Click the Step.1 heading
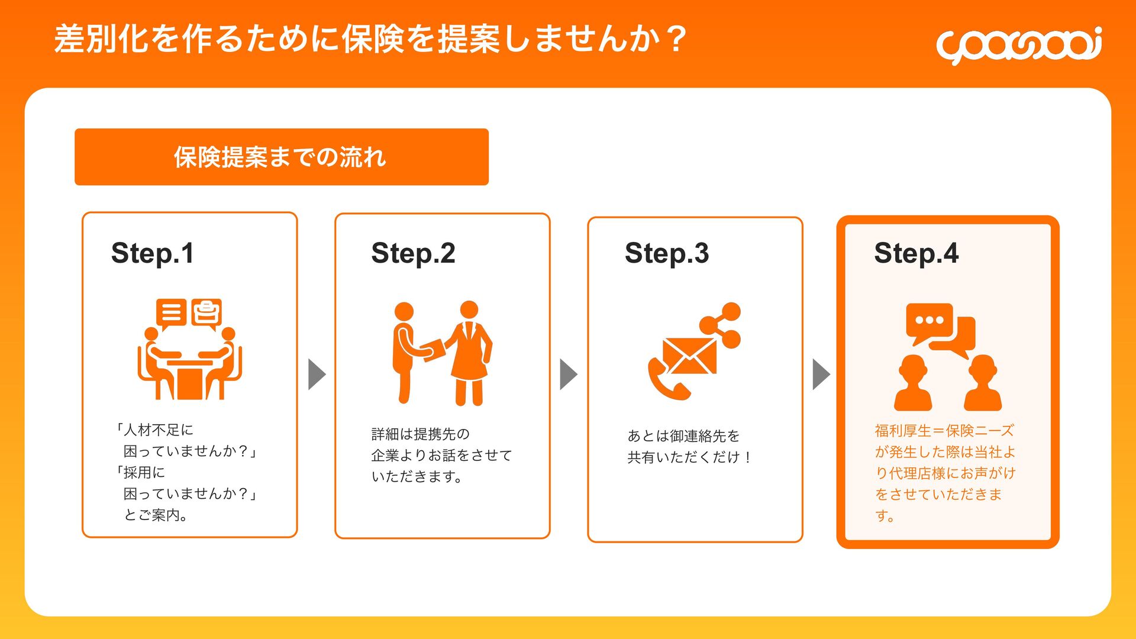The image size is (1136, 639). point(153,253)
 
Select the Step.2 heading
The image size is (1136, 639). point(413,253)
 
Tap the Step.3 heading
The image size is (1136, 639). point(667,253)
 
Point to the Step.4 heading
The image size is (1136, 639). point(916,253)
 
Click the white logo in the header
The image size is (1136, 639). point(1018,45)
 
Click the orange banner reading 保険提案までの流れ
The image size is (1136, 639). point(281,157)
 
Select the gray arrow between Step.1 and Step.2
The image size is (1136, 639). point(317,374)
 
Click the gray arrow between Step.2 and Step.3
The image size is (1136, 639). point(568,374)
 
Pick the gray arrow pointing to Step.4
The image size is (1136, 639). point(821,374)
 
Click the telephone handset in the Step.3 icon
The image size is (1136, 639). point(666,382)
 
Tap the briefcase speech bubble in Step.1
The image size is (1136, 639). point(206,312)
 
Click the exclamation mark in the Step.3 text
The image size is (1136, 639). point(748,457)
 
